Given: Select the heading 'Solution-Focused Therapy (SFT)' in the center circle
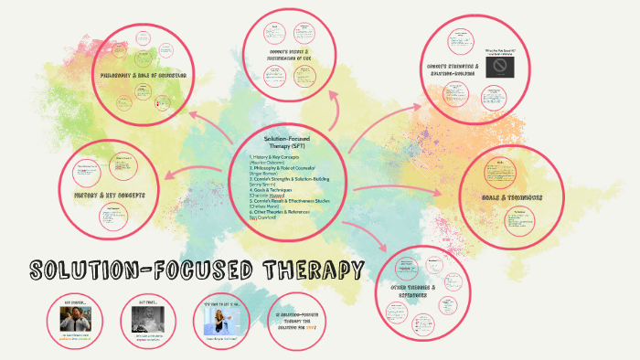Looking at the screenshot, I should (287, 141).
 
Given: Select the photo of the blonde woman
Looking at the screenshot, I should (221, 320).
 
